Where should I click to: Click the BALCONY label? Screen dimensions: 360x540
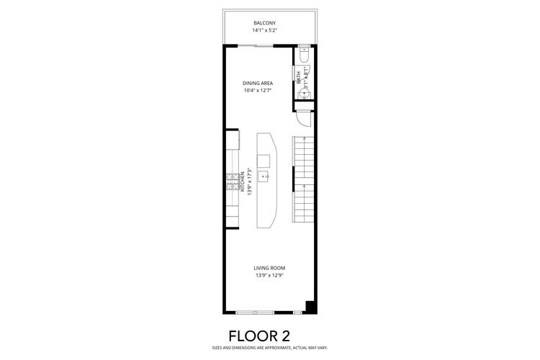pyautogui.click(x=264, y=23)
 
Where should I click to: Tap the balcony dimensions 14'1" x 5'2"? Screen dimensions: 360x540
pyautogui.click(x=264, y=31)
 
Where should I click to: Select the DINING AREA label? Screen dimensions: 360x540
pyautogui.click(x=257, y=83)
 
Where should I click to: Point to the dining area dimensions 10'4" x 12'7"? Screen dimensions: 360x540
pyautogui.click(x=257, y=91)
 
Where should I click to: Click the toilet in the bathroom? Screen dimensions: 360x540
pyautogui.click(x=305, y=55)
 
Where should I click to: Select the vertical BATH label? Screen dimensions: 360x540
pyautogui.click(x=299, y=76)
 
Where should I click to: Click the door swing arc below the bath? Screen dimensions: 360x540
pyautogui.click(x=303, y=120)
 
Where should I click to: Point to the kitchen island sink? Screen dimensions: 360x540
pyautogui.click(x=266, y=176)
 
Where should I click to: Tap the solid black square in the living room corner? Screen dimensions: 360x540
pyautogui.click(x=310, y=307)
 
